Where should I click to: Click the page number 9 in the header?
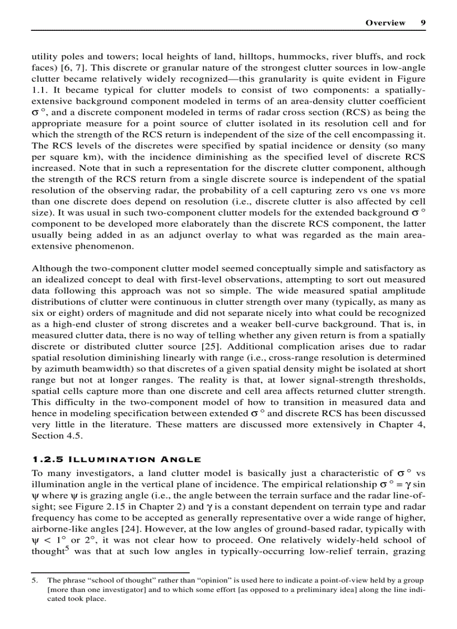(423, 23)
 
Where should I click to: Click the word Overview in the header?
(385, 23)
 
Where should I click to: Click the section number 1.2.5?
(46, 460)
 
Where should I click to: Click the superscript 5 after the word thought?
(63, 549)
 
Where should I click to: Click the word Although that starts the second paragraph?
(51, 269)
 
